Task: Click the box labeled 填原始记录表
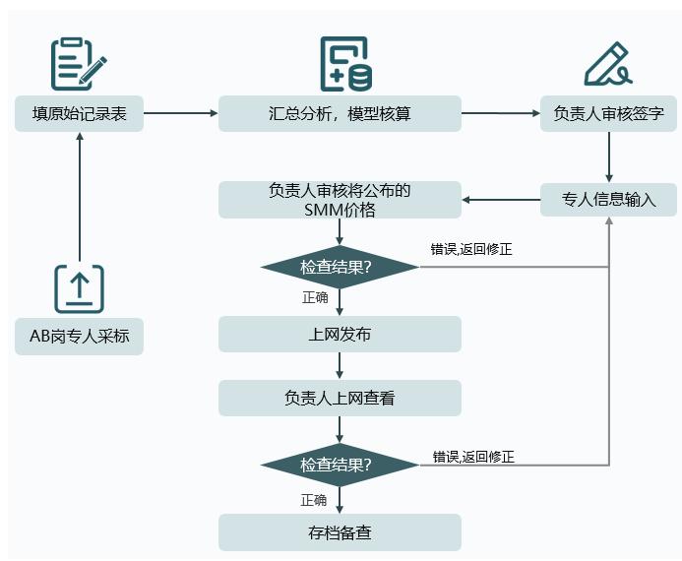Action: (79, 113)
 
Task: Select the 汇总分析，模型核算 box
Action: (340, 113)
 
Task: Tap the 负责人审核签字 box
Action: (609, 113)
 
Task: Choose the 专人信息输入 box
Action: (609, 200)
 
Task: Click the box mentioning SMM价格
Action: (340, 200)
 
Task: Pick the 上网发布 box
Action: (340, 334)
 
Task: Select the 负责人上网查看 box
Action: (340, 399)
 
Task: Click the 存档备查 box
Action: (340, 533)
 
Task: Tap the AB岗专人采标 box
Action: (79, 337)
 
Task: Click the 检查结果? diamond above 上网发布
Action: (340, 267)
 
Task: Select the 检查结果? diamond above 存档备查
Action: (340, 466)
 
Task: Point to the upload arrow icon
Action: (79, 288)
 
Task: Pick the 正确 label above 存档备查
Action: (314, 500)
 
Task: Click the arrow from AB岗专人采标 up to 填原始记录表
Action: (79, 197)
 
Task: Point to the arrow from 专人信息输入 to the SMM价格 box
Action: (501, 200)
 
